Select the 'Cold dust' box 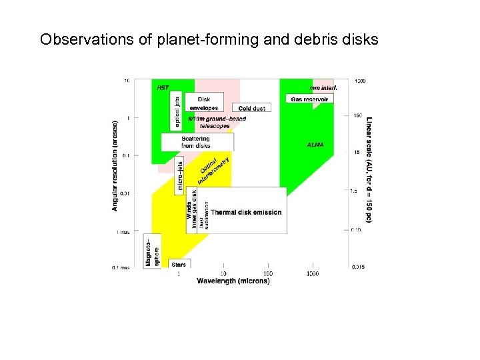tap(251, 108)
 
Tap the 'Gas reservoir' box tap(309, 99)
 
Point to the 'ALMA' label tap(315, 145)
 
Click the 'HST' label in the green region tap(162, 87)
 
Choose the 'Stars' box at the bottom tap(178, 265)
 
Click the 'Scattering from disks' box tap(196, 142)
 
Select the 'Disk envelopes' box tap(203, 103)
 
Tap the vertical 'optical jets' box tap(177, 110)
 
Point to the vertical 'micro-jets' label tap(179, 175)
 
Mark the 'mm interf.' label tap(323, 87)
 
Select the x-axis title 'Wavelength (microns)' tap(233, 281)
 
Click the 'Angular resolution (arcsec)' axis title tap(115, 165)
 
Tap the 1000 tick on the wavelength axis tap(312, 273)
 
